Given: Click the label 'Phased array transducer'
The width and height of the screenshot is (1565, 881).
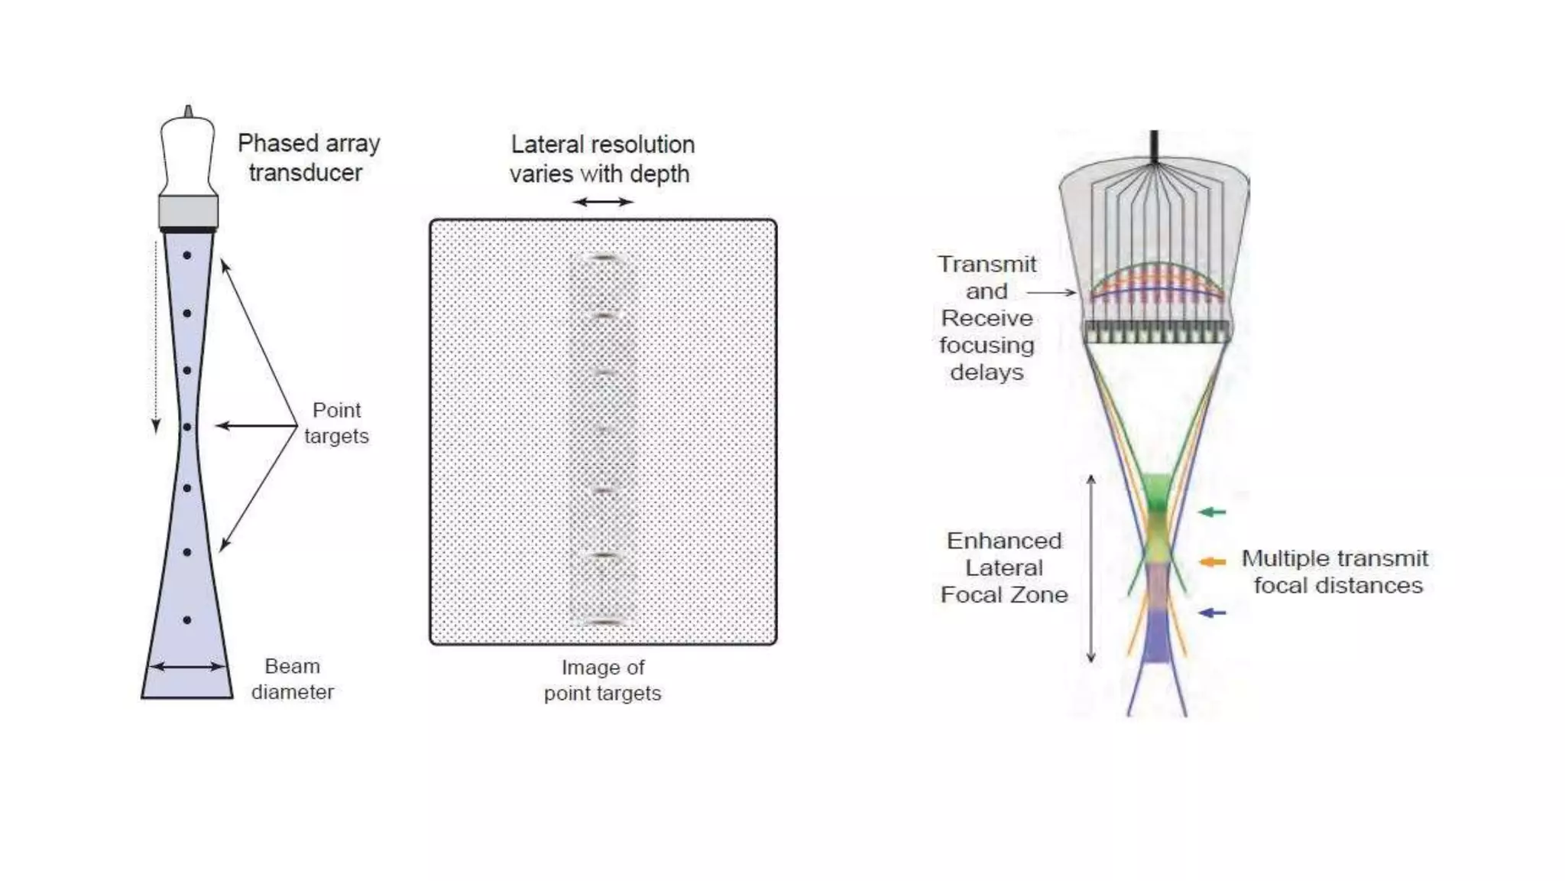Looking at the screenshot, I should [308, 158].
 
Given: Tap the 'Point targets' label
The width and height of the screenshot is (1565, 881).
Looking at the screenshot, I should [336, 423].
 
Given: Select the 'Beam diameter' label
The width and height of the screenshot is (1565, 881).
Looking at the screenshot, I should [293, 679].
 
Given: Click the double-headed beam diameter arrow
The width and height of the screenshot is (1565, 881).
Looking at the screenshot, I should [187, 667].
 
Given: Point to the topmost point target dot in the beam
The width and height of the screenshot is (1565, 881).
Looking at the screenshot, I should [187, 255].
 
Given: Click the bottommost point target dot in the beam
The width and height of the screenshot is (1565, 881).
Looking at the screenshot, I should [187, 620].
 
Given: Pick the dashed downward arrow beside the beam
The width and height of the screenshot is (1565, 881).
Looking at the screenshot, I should [156, 336].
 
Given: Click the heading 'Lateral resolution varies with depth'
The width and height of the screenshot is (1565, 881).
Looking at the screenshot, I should [601, 159].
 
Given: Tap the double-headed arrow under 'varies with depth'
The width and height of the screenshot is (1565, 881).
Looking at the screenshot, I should [603, 202].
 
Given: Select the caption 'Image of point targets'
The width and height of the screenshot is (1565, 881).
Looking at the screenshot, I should [602, 681].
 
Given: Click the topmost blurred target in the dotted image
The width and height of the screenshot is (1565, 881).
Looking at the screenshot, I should [604, 259].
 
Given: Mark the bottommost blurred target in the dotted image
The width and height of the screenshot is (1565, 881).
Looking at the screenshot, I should [604, 622].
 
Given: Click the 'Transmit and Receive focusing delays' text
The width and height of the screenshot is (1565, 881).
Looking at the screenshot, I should [987, 318].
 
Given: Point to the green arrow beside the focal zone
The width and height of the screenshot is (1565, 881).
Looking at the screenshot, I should [1212, 512].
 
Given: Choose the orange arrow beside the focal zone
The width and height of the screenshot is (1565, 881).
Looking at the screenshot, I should [1212, 562].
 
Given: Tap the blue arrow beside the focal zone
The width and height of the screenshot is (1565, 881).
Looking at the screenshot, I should [1212, 613].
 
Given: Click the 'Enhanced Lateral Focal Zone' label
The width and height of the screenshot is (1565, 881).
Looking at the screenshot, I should [1004, 567].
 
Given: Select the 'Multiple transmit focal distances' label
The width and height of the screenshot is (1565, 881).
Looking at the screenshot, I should [1336, 572].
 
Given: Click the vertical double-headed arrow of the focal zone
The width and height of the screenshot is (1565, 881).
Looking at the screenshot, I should [1091, 568].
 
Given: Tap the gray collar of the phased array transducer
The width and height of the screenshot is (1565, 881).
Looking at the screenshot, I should [188, 211].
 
